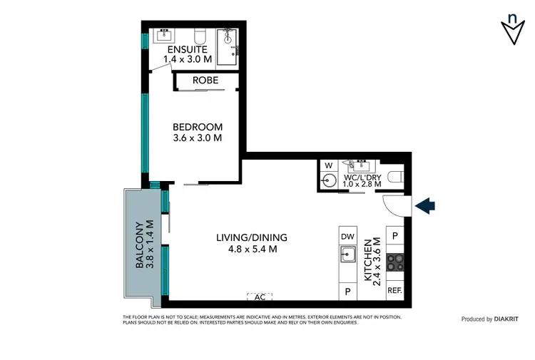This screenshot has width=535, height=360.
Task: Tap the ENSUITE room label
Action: [x=188, y=50]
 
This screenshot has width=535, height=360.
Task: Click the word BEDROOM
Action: [x=198, y=127]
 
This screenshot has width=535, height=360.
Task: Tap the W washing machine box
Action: [x=328, y=167]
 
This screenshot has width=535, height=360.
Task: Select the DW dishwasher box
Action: [x=348, y=236]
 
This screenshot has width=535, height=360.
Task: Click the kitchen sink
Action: [x=348, y=254]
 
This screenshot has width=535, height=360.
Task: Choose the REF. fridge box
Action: [x=394, y=291]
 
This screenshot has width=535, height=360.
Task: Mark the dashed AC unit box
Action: [x=259, y=296]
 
